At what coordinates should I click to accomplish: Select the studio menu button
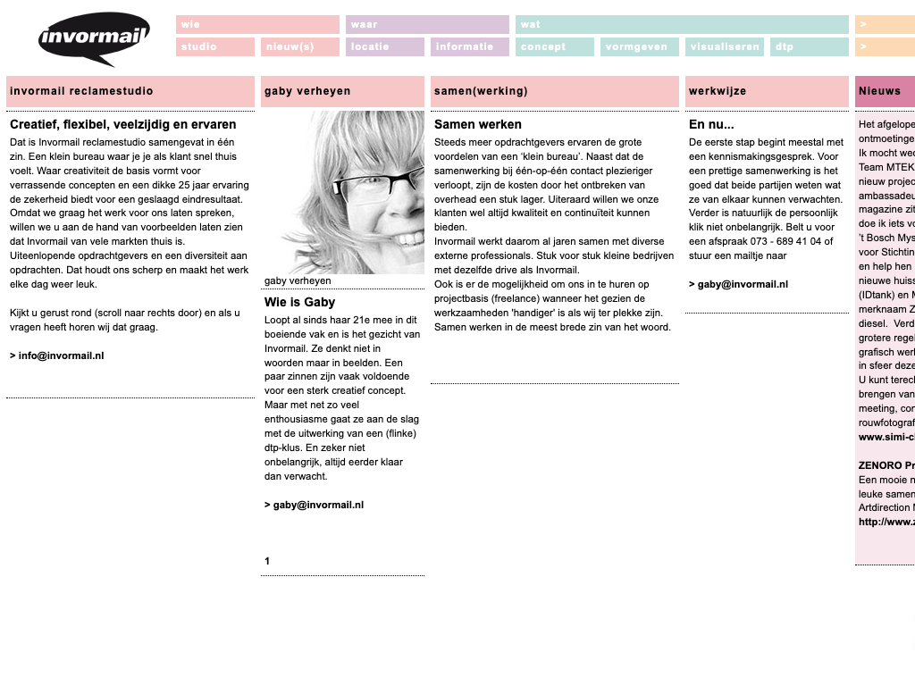(215, 47)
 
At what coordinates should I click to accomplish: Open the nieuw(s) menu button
(299, 47)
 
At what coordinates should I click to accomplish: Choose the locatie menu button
(384, 47)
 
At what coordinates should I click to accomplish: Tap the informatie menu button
(470, 47)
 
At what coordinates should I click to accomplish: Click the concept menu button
(554, 47)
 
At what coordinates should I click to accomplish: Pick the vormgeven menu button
(639, 47)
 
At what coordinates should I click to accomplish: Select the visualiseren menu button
(724, 47)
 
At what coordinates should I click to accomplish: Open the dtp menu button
(809, 47)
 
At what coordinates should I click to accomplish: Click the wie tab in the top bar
(257, 24)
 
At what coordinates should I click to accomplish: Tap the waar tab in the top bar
(427, 24)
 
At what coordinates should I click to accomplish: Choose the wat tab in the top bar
(682, 24)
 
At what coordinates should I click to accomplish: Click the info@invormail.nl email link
(57, 356)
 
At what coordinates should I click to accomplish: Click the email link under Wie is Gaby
(314, 505)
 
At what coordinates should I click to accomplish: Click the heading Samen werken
(478, 124)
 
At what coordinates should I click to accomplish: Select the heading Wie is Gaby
(299, 302)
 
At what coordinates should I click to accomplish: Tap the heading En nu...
(711, 124)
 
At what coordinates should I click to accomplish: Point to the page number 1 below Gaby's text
(267, 561)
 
